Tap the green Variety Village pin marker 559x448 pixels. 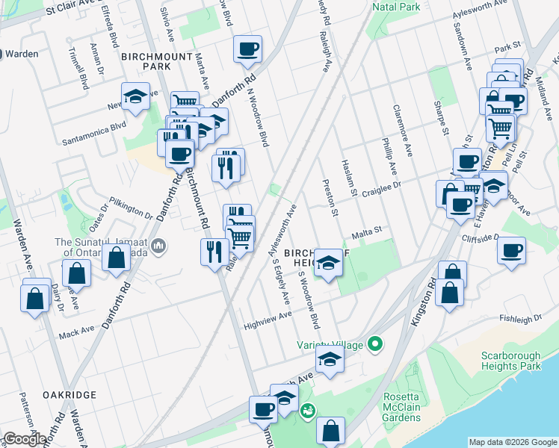pos(375,344)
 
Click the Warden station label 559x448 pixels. pos(23,54)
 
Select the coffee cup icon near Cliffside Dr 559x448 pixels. pos(512,250)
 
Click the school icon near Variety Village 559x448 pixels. pos(328,360)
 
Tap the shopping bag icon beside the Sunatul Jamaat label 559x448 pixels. pos(117,259)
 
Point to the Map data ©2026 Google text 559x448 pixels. pos(512,442)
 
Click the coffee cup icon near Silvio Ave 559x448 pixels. pos(247,49)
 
